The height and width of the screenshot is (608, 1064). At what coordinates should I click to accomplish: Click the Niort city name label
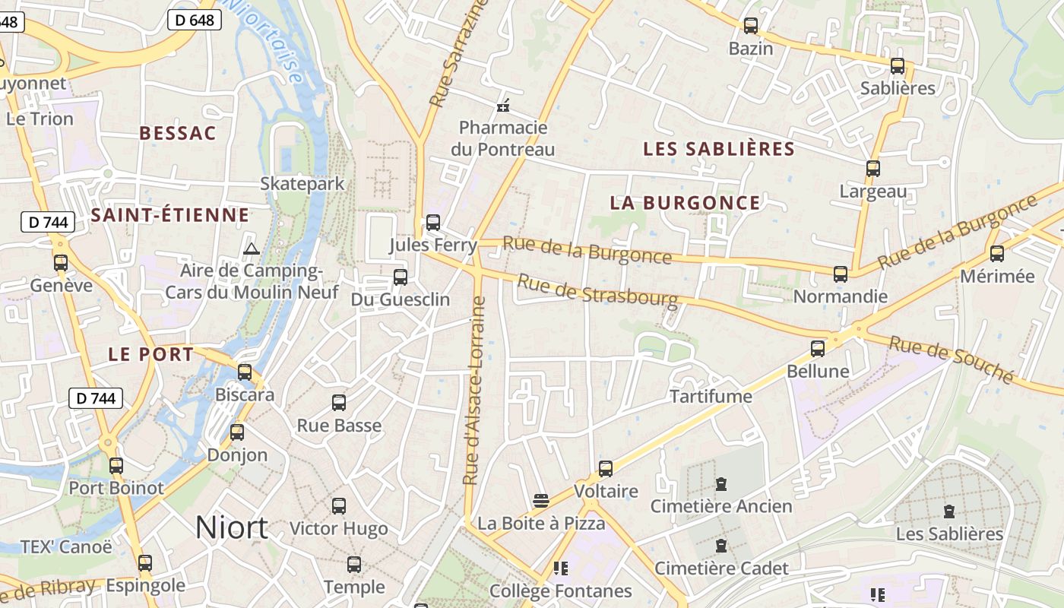click(x=232, y=527)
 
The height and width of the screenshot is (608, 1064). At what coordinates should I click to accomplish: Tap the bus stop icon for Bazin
click(x=751, y=26)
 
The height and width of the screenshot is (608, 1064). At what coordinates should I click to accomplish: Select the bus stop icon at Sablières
click(x=898, y=66)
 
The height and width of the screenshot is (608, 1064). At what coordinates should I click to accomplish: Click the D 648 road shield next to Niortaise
click(x=195, y=20)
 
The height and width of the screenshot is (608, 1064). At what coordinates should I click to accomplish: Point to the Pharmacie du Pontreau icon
click(x=502, y=105)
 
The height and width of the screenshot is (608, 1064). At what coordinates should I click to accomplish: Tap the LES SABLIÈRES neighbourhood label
click(x=718, y=149)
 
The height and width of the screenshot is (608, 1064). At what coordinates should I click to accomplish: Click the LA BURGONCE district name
click(x=685, y=203)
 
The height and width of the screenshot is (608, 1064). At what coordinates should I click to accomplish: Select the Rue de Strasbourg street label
click(x=597, y=292)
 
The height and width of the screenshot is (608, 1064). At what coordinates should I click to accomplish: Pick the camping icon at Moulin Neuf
click(x=252, y=249)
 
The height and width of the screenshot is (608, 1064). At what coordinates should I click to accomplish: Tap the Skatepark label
click(x=302, y=184)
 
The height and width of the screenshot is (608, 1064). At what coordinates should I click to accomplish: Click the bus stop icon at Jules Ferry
click(x=433, y=223)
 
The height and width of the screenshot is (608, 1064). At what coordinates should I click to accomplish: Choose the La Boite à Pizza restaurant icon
click(x=541, y=500)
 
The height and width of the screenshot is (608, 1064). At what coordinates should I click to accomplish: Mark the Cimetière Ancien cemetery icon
click(x=721, y=483)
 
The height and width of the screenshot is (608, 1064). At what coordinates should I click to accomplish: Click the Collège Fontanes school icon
click(x=561, y=568)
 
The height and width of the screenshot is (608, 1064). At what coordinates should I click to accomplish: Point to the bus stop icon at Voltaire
click(x=606, y=469)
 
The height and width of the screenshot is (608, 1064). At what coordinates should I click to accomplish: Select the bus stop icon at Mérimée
click(x=997, y=254)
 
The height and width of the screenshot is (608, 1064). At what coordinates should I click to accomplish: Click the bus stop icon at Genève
click(x=61, y=263)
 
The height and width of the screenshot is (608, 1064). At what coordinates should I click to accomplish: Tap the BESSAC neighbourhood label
click(x=178, y=134)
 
